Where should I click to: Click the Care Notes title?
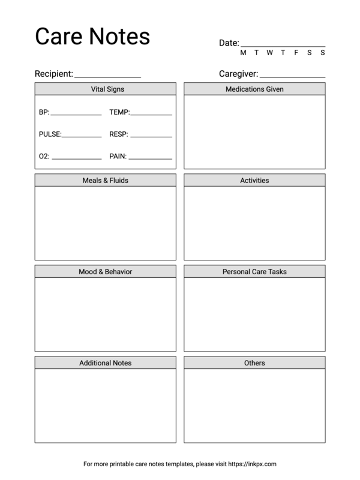(x=92, y=37)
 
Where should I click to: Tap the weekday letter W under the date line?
(x=269, y=53)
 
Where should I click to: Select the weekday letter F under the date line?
(x=296, y=53)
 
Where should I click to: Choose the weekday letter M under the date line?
(x=243, y=53)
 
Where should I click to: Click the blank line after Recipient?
(x=107, y=76)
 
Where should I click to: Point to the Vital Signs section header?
(x=106, y=89)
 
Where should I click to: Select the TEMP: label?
(x=119, y=112)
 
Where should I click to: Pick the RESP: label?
(x=119, y=134)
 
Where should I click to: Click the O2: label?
(x=44, y=156)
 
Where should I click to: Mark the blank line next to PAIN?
(x=151, y=158)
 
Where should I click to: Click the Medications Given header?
(x=254, y=89)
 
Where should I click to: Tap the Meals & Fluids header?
(x=106, y=181)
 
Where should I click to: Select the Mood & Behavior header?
(x=106, y=272)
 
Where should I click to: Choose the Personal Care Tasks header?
(x=254, y=272)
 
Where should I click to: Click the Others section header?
(x=254, y=363)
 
